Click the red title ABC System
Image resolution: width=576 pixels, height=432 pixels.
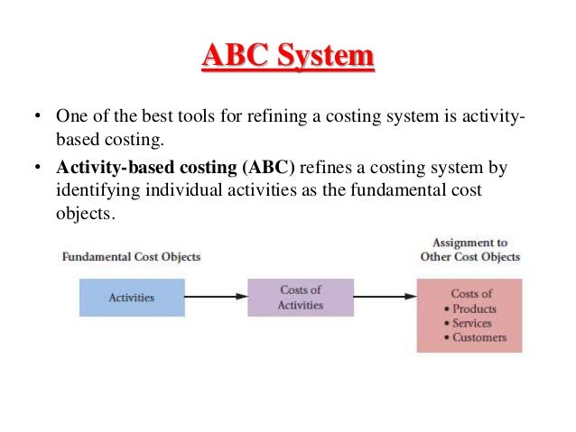tap(287, 58)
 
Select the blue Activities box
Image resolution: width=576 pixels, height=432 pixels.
tap(132, 297)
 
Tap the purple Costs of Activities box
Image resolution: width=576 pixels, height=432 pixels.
tap(300, 297)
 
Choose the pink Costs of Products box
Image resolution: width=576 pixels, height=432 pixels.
tap(470, 315)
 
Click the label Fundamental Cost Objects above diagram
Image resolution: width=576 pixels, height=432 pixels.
tap(131, 257)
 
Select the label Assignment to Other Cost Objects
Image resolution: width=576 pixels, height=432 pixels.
tap(469, 250)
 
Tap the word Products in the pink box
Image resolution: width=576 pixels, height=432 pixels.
tap(475, 308)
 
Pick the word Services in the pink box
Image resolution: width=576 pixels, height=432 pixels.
tap(472, 323)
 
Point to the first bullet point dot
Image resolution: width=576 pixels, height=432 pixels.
tap(38, 117)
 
